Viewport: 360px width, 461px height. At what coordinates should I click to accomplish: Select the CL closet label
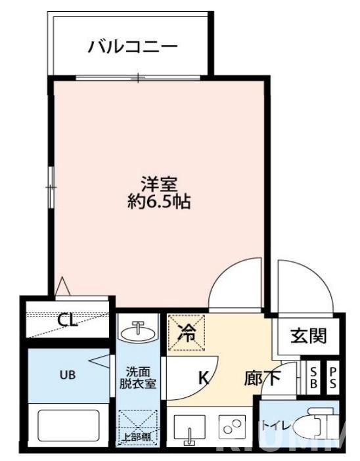tap(67, 320)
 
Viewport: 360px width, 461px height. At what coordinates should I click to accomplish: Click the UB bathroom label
tap(68, 376)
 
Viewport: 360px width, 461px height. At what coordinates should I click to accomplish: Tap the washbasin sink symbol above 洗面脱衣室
tap(138, 330)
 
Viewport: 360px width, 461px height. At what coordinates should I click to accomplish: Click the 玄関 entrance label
tap(308, 336)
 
